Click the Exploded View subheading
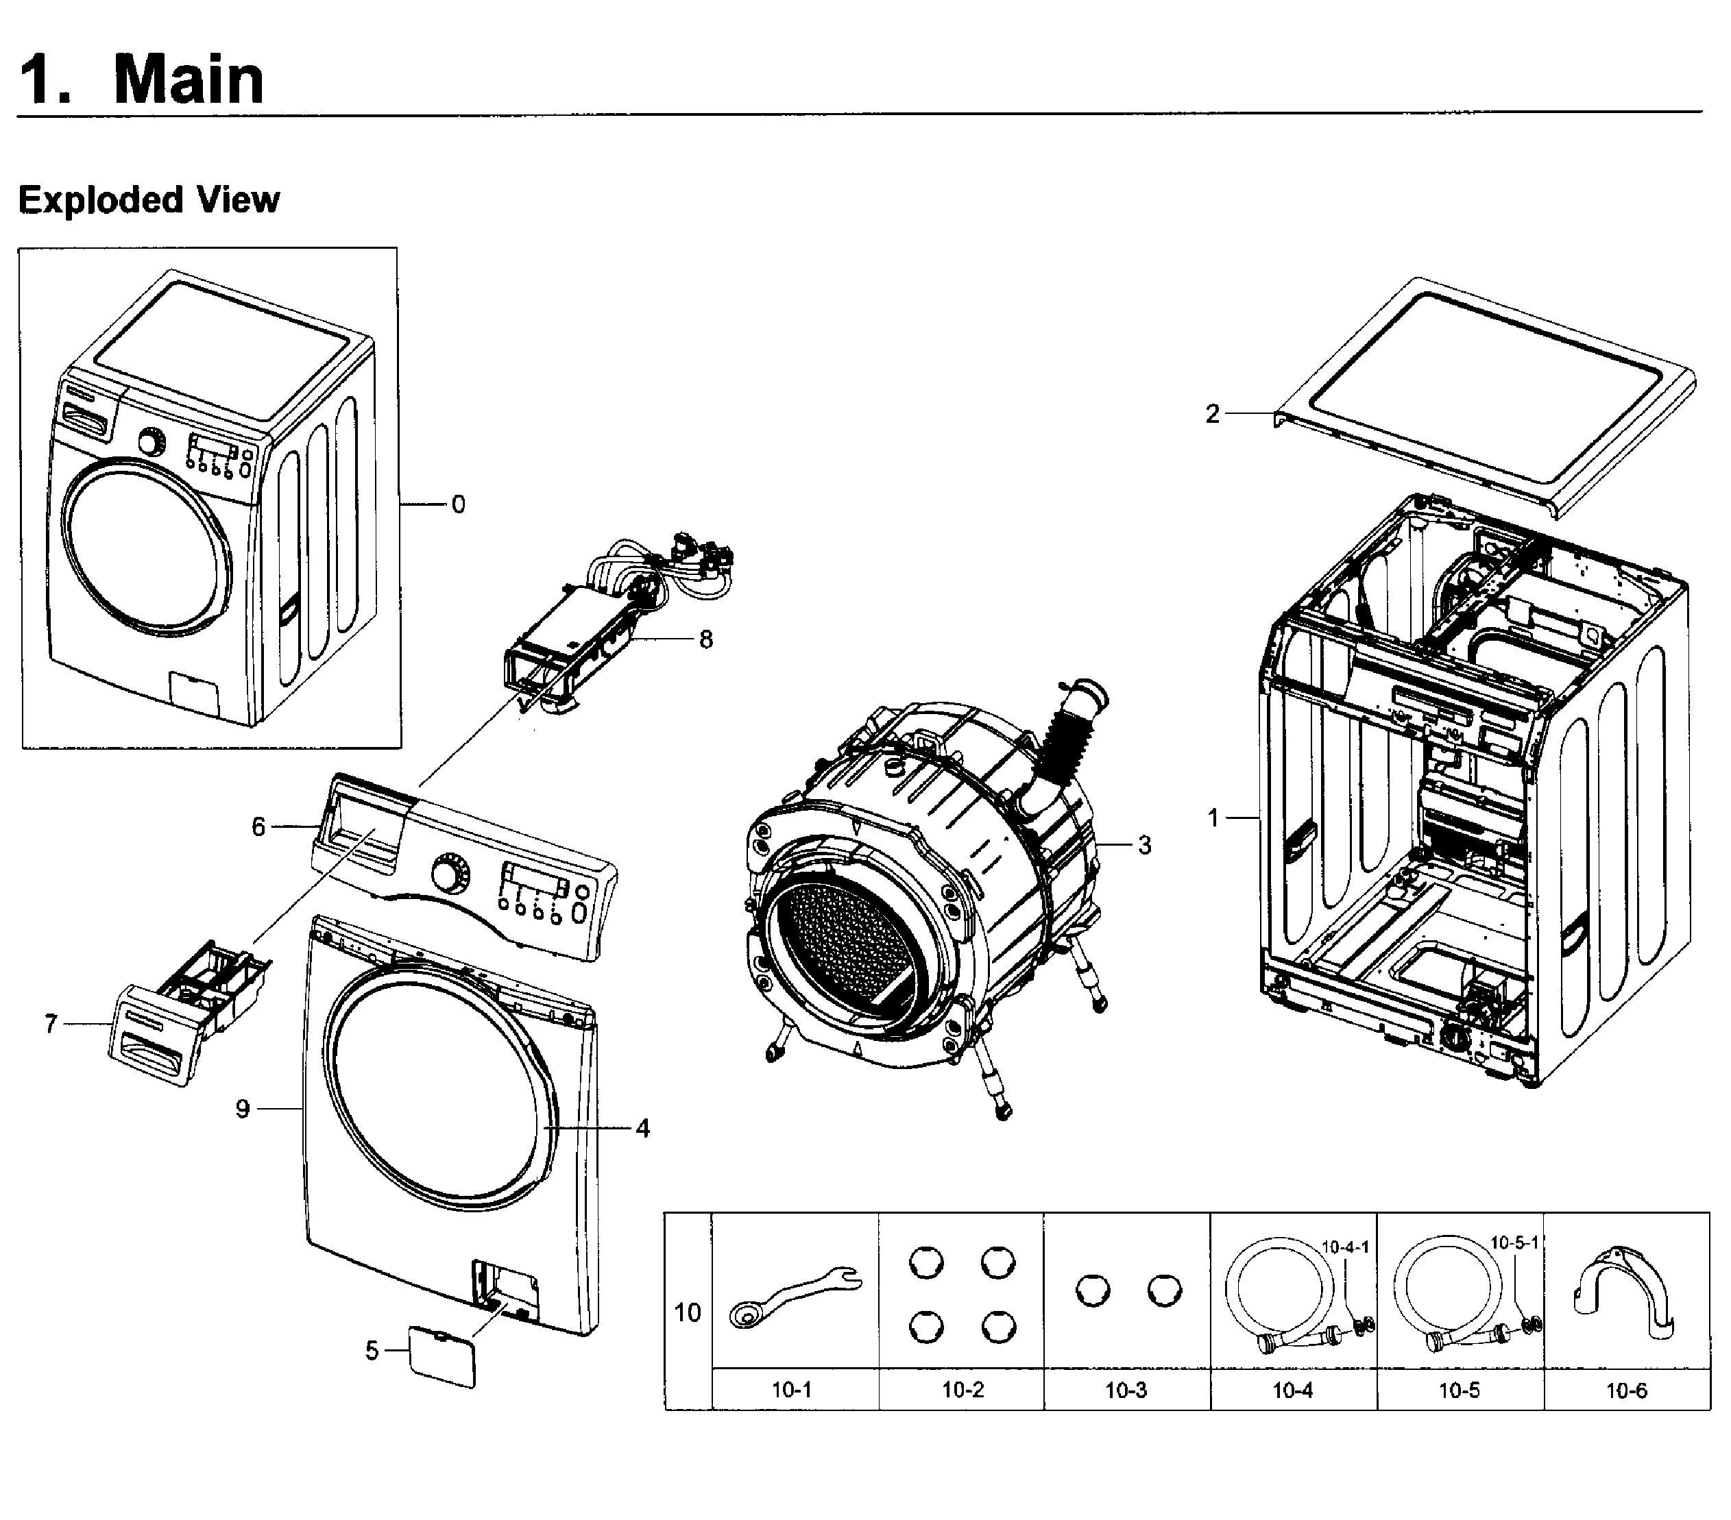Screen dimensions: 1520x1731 point(148,201)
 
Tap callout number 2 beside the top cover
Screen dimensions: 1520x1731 point(1213,414)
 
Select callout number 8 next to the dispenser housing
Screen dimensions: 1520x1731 point(705,639)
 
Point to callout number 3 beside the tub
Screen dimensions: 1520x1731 point(1144,844)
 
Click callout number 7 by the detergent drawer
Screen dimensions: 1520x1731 point(51,1024)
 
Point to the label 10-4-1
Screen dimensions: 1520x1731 point(1346,1247)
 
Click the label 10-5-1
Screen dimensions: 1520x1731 point(1514,1242)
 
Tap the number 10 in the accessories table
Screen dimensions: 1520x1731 point(687,1312)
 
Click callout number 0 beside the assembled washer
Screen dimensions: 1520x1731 point(457,504)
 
